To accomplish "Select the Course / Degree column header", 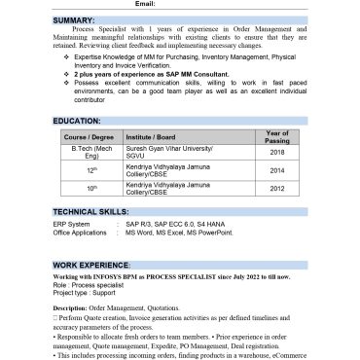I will (x=89, y=138).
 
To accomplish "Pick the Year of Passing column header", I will (x=277, y=136).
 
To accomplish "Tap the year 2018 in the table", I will (x=277, y=153).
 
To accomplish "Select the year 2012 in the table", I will (x=277, y=188).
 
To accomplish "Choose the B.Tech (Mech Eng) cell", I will (x=89, y=153).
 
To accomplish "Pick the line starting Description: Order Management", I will (x=115, y=308).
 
